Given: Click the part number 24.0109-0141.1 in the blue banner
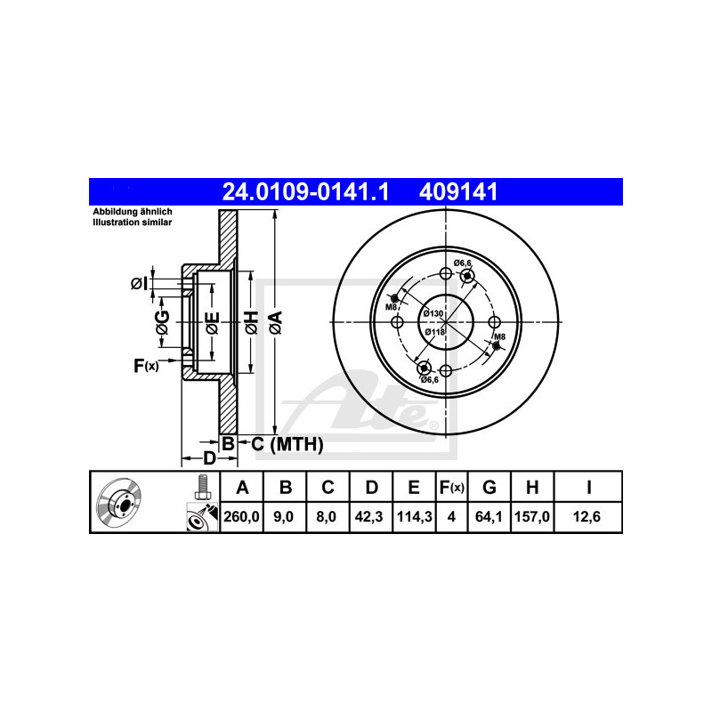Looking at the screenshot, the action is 305,191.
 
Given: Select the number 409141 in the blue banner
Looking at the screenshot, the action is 458,191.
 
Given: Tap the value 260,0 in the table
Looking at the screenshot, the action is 241,517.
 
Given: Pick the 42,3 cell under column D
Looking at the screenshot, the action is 368,517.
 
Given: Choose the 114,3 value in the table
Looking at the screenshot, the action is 414,517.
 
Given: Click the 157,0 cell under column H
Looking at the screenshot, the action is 531,517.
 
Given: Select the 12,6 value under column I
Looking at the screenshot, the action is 587,517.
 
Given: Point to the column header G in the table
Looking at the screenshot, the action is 489,487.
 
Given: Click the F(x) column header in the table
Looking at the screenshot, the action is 451,487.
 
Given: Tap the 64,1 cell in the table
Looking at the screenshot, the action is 488,517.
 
